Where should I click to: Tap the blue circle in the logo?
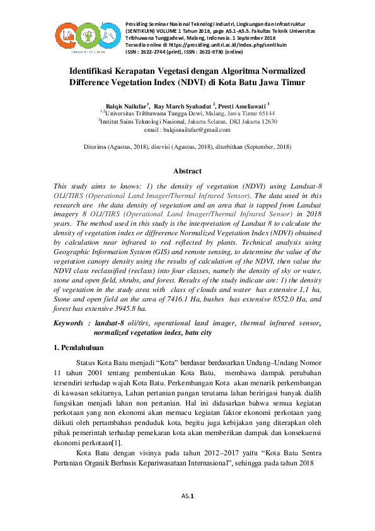pyautogui.click(x=110, y=32)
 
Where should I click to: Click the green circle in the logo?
pyautogui.click(x=90, y=32)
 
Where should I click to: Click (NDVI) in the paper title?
pyautogui.click(x=199, y=82)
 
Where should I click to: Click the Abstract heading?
pyautogui.click(x=187, y=171)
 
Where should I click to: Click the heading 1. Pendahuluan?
pyautogui.click(x=78, y=347)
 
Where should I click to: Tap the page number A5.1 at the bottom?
pyautogui.click(x=187, y=497)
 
